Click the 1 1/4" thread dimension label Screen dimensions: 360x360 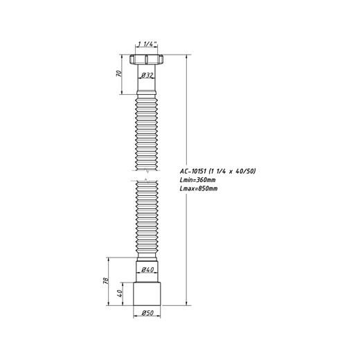tap(147, 44)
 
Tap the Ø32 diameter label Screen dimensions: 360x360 tap(147, 75)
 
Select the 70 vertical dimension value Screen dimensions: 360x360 tap(119, 73)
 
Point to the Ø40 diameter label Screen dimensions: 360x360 tap(147, 269)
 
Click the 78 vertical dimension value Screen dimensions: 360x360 tap(106, 280)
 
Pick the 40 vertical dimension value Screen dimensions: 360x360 tap(120, 294)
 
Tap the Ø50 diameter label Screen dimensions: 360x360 tap(147, 313)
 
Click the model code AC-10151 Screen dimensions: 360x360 tap(193, 171)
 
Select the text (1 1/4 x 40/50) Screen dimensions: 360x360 tap(232, 171)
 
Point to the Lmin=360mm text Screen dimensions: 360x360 tap(197, 180)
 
